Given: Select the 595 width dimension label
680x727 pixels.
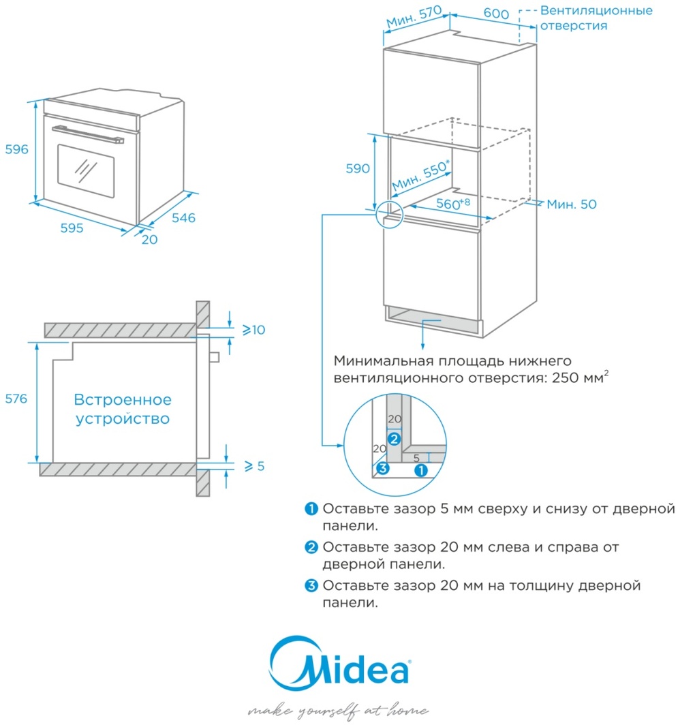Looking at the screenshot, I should pos(70,228).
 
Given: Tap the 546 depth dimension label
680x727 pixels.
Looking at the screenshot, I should pos(183,218).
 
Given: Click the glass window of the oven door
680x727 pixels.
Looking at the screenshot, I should pos(85,169).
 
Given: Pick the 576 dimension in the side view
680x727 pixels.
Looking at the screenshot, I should pos(14,399).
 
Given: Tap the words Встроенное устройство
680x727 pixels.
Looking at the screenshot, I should pos(123,409).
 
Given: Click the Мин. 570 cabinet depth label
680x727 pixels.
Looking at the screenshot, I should pos(414,18).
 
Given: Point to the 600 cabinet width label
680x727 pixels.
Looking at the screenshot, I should pos(496,14).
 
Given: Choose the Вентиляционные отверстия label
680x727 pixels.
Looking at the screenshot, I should pos(596,18).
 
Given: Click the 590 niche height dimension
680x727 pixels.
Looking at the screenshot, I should pos(356,168).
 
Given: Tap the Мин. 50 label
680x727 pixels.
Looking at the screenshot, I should pos(571,204).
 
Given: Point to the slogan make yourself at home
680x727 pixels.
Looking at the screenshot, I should pos(339,711).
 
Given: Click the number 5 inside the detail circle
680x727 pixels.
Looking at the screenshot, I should pos(416,459).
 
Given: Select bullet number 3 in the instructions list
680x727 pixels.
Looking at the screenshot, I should pos(311,585).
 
